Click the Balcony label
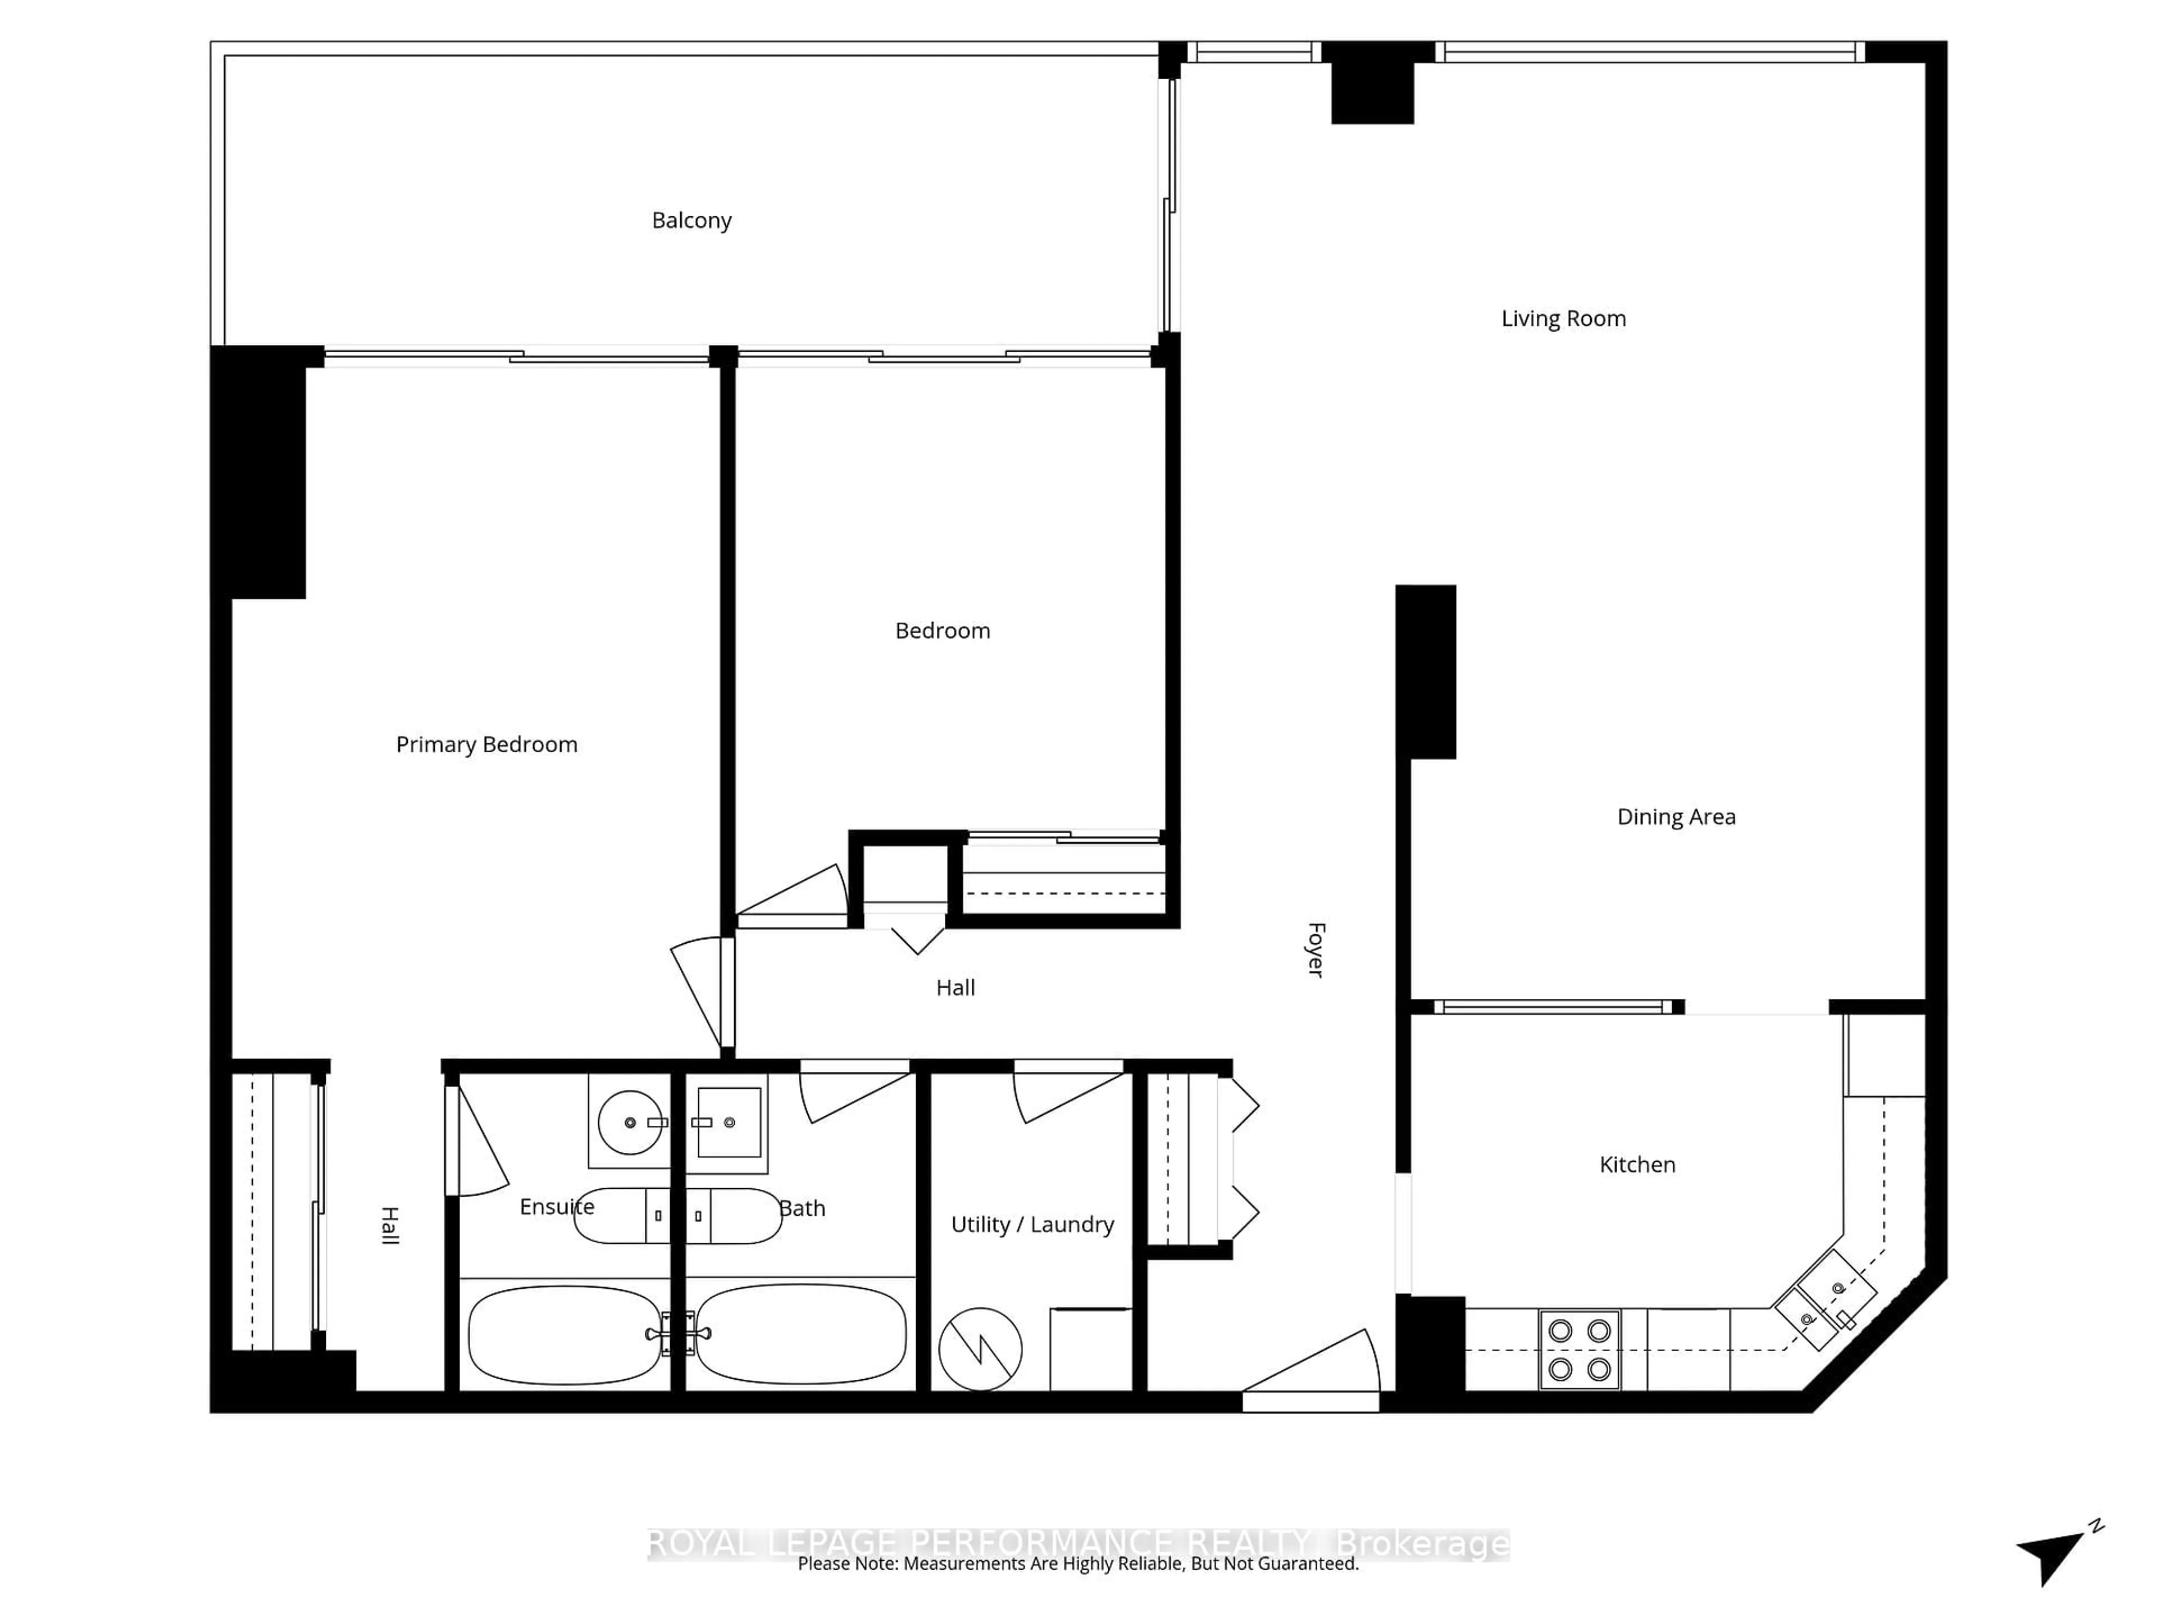point(691,220)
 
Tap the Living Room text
point(1563,319)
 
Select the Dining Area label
point(1676,817)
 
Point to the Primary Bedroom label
point(486,745)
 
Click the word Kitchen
point(1637,1165)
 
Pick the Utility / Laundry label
point(1032,1225)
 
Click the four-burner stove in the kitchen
point(1580,1350)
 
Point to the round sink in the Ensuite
point(630,1122)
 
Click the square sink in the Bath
point(729,1122)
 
